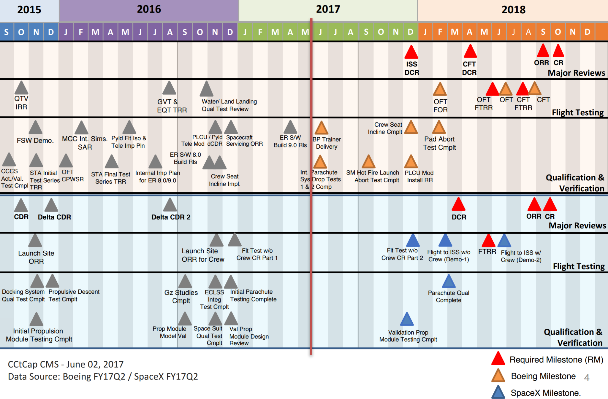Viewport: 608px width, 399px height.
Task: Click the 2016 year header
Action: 149,9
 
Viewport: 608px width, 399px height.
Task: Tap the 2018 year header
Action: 513,10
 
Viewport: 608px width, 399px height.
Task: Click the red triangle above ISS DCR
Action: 411,53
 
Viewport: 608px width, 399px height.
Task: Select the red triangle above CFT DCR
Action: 470,52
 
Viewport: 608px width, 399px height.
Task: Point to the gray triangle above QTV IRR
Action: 21,88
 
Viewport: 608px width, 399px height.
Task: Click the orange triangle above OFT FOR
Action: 440,90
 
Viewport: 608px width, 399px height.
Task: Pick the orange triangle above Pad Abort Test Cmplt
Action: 439,128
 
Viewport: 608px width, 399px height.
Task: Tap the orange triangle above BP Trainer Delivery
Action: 321,128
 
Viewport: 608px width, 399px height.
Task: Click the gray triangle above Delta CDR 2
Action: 170,205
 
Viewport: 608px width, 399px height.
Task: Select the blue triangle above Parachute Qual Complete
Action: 449,282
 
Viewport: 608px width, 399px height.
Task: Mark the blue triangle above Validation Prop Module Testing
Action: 407,320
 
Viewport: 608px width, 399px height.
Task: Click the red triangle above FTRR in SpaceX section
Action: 488,241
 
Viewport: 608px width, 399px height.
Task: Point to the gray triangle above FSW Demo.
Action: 36,128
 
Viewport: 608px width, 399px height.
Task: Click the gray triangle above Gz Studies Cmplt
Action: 185,282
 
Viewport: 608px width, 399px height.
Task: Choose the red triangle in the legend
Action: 498,359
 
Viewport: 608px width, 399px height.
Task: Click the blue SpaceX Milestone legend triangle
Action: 498,392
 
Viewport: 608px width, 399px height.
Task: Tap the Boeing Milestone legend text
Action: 543,376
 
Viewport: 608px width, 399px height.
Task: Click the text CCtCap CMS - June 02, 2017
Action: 66,364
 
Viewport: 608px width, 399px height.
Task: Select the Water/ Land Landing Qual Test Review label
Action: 229,105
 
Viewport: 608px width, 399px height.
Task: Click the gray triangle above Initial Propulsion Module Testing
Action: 37,320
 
